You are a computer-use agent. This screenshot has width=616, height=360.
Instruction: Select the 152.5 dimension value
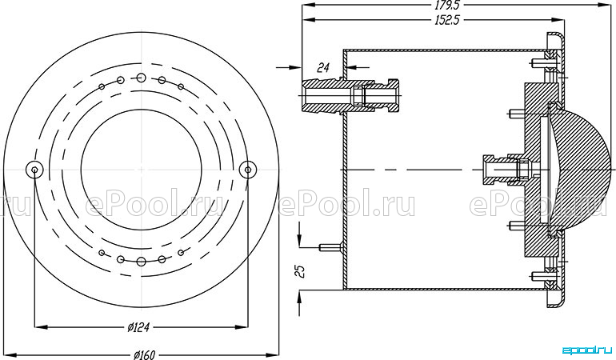click(x=447, y=20)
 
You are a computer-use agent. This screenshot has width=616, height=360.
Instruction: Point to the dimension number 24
click(x=323, y=67)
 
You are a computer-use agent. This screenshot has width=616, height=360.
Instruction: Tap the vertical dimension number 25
click(x=301, y=271)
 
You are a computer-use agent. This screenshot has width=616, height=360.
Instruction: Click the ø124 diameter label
click(x=138, y=327)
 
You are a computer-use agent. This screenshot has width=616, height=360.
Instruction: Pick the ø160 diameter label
click(x=144, y=355)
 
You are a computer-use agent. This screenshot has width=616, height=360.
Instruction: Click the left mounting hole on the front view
click(x=34, y=170)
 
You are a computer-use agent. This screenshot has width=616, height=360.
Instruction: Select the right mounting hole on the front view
click(x=248, y=170)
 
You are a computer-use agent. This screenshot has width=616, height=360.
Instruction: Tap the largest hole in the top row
click(x=141, y=78)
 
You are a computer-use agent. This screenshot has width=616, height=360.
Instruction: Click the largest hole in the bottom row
click(x=141, y=262)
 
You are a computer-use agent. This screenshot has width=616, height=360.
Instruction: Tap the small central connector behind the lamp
click(x=506, y=170)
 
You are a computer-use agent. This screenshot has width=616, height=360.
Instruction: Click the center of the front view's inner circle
click(x=141, y=170)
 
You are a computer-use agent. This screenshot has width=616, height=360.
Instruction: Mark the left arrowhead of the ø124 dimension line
click(x=42, y=327)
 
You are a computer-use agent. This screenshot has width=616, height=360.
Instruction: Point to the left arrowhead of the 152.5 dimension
click(x=308, y=20)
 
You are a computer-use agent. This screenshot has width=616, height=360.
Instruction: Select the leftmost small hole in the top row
click(x=102, y=86)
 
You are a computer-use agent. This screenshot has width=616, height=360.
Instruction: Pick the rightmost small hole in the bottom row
click(x=181, y=253)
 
